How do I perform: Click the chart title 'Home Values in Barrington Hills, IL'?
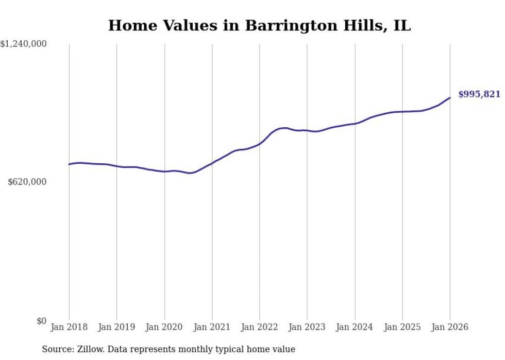click(259, 26)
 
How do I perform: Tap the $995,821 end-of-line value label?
click(479, 94)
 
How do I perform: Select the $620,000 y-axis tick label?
click(27, 182)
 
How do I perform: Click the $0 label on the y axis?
click(41, 321)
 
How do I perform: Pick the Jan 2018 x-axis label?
click(69, 327)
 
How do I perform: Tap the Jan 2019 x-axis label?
click(116, 327)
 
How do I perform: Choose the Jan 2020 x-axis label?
click(164, 327)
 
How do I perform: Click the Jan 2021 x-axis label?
click(212, 327)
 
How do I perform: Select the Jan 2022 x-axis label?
click(259, 327)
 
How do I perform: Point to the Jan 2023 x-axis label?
click(307, 327)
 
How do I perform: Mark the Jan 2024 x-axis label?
click(355, 327)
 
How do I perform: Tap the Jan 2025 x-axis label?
click(402, 327)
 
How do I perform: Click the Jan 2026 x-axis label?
click(449, 327)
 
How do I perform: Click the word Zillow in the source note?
click(88, 349)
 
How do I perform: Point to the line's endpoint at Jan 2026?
click(450, 98)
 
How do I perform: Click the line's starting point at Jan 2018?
click(69, 164)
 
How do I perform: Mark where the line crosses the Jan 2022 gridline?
click(260, 143)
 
